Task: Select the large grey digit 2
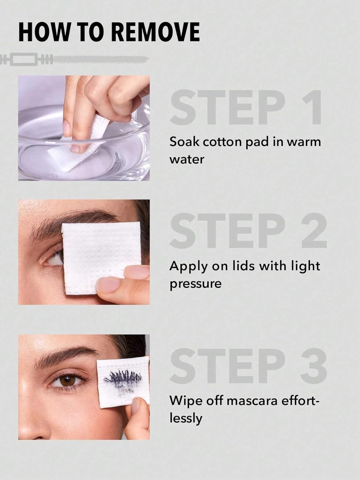[314, 231]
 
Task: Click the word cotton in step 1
[222, 142]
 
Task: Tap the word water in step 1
[186, 160]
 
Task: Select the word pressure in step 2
[196, 284]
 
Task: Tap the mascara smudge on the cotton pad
[122, 380]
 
